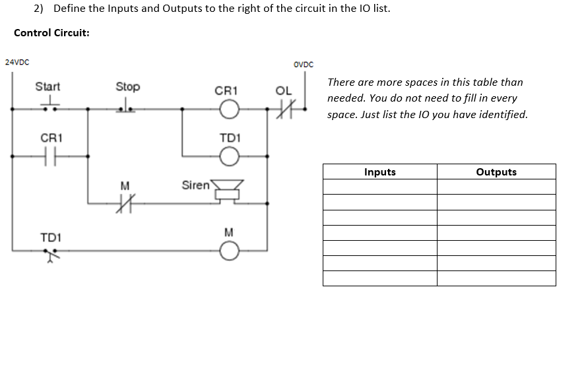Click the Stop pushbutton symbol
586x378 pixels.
click(127, 107)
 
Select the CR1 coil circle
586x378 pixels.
click(228, 109)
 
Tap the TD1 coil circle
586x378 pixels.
click(228, 156)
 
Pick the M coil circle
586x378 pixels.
click(228, 250)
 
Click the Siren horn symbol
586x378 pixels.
click(228, 190)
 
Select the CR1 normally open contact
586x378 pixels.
click(51, 156)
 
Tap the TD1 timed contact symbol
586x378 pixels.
click(51, 253)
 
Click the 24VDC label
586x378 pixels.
click(16, 62)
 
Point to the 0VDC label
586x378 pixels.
click(303, 64)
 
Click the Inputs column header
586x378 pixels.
click(380, 172)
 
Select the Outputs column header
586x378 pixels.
click(496, 172)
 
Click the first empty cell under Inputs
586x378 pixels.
click(380, 187)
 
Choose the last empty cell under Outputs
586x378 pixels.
click(496, 278)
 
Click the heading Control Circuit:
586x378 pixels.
click(51, 32)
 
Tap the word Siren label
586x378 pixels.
click(195, 185)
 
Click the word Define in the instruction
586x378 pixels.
click(71, 9)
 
